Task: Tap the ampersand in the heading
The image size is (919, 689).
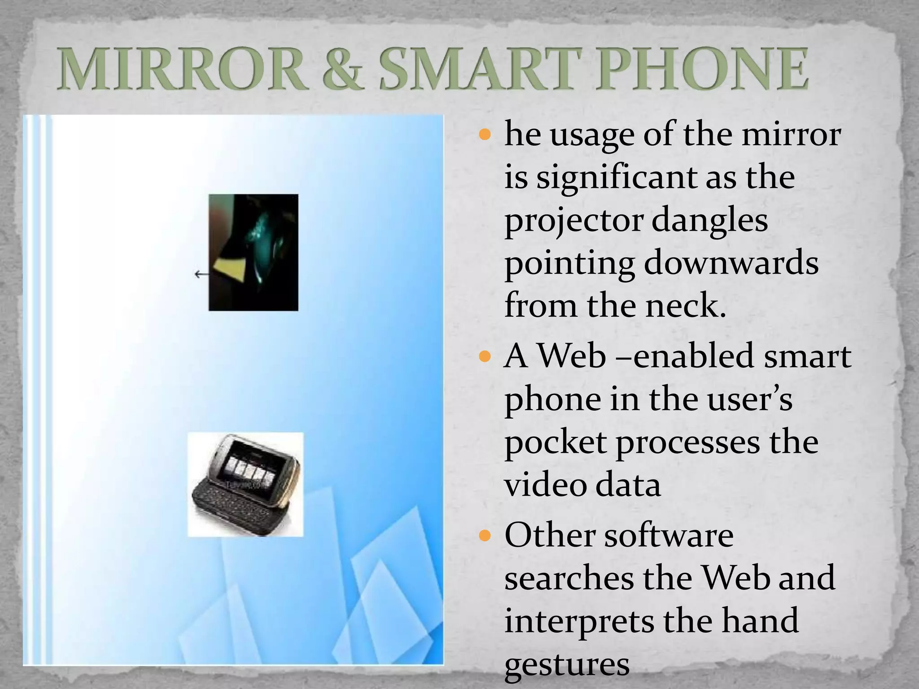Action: coord(341,71)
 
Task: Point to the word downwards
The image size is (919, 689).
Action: coord(731,263)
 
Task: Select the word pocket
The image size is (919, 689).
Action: coord(556,443)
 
